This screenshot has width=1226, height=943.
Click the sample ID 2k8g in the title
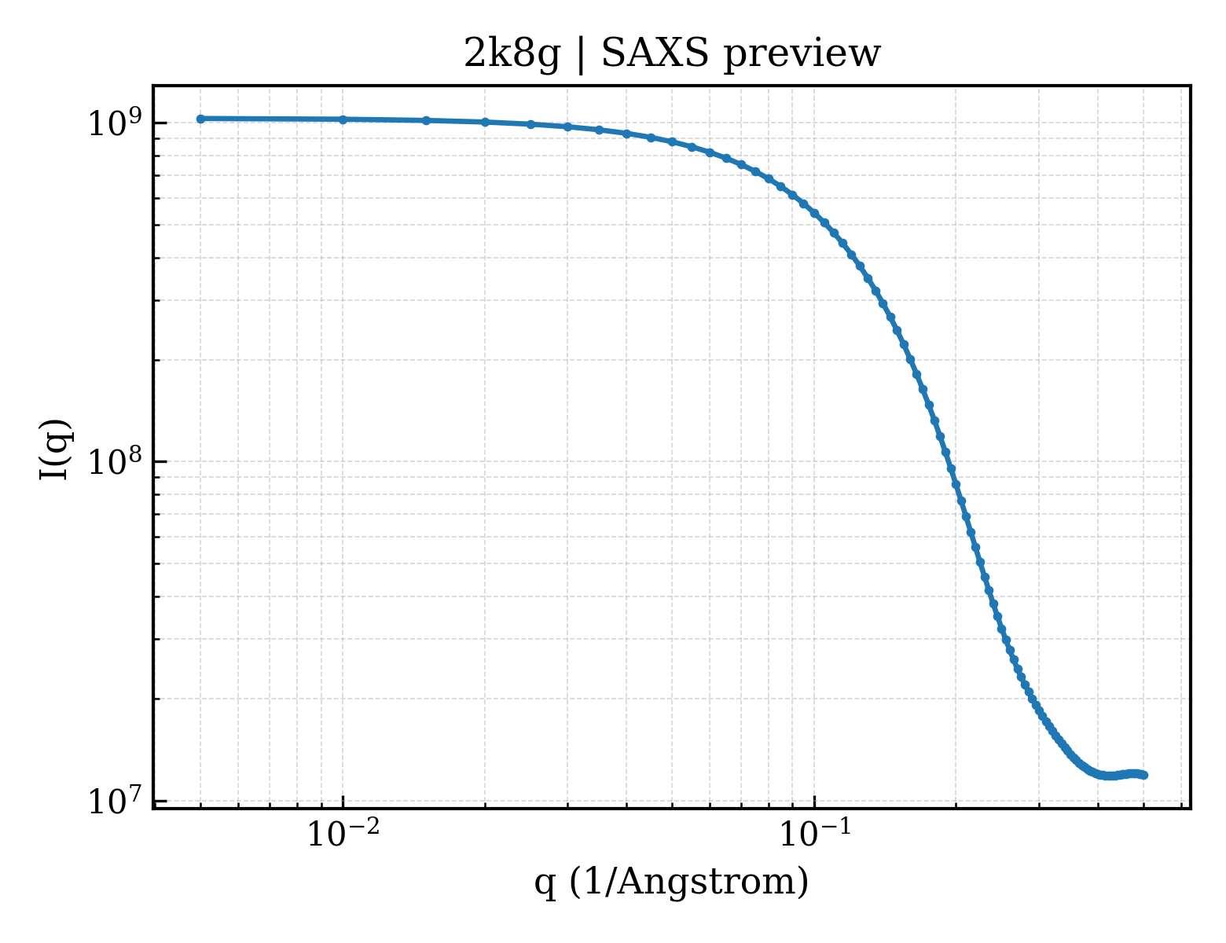click(511, 55)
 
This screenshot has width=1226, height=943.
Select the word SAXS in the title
click(655, 54)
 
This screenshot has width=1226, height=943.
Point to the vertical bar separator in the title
click(581, 55)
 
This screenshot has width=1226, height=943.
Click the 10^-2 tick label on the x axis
click(343, 833)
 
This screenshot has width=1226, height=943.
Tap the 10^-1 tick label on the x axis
click(815, 833)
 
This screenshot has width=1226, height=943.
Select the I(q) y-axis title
click(55, 449)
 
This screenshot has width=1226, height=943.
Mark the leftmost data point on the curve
click(201, 119)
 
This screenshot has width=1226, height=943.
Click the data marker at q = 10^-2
click(343, 119)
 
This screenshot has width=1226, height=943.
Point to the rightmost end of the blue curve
click(1144, 776)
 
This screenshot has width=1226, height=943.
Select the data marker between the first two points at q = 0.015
click(426, 121)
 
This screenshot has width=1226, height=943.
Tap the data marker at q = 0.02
click(485, 122)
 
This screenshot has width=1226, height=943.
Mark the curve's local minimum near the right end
click(1109, 776)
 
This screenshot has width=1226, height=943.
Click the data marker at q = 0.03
click(568, 127)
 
